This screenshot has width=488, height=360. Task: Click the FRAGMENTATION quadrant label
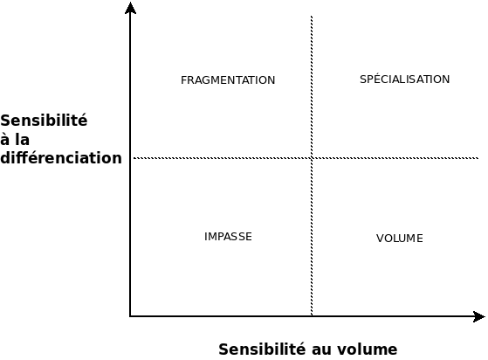pyautogui.click(x=228, y=80)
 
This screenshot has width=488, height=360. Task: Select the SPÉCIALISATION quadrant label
pyautogui.click(x=404, y=80)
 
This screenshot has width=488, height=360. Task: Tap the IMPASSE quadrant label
pyautogui.click(x=228, y=237)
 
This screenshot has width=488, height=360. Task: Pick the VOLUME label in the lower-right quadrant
pyautogui.click(x=400, y=239)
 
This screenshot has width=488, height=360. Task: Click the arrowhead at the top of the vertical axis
pyautogui.click(x=130, y=8)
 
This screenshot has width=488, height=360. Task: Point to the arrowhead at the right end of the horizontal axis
pyautogui.click(x=479, y=316)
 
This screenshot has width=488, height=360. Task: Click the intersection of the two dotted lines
pyautogui.click(x=312, y=158)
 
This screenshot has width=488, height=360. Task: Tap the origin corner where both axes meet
pyautogui.click(x=130, y=316)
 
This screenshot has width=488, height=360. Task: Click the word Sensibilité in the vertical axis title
pyautogui.click(x=44, y=121)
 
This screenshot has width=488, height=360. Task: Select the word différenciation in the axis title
pyautogui.click(x=61, y=157)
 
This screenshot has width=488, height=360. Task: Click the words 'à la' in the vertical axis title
pyautogui.click(x=15, y=139)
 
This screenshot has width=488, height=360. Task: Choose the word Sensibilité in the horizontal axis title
pyautogui.click(x=262, y=350)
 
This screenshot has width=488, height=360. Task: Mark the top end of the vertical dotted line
pyautogui.click(x=312, y=16)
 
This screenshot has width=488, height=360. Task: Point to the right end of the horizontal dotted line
pyautogui.click(x=478, y=158)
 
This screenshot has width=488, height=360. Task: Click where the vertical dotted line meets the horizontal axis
pyautogui.click(x=312, y=316)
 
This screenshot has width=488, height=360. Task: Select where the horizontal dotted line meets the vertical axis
pyautogui.click(x=131, y=158)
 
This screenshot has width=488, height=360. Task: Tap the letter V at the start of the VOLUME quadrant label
pyautogui.click(x=380, y=239)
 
